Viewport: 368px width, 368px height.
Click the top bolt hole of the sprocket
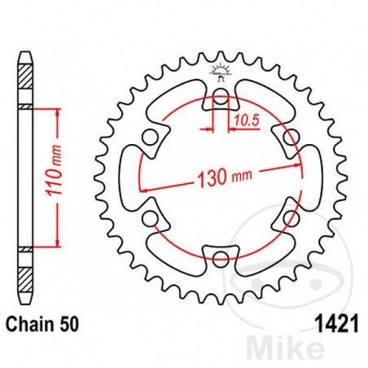(220, 99)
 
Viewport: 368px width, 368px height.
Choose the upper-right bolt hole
(290, 138)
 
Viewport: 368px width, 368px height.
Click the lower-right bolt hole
(290, 220)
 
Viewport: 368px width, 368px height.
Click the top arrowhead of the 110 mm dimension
(58, 112)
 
